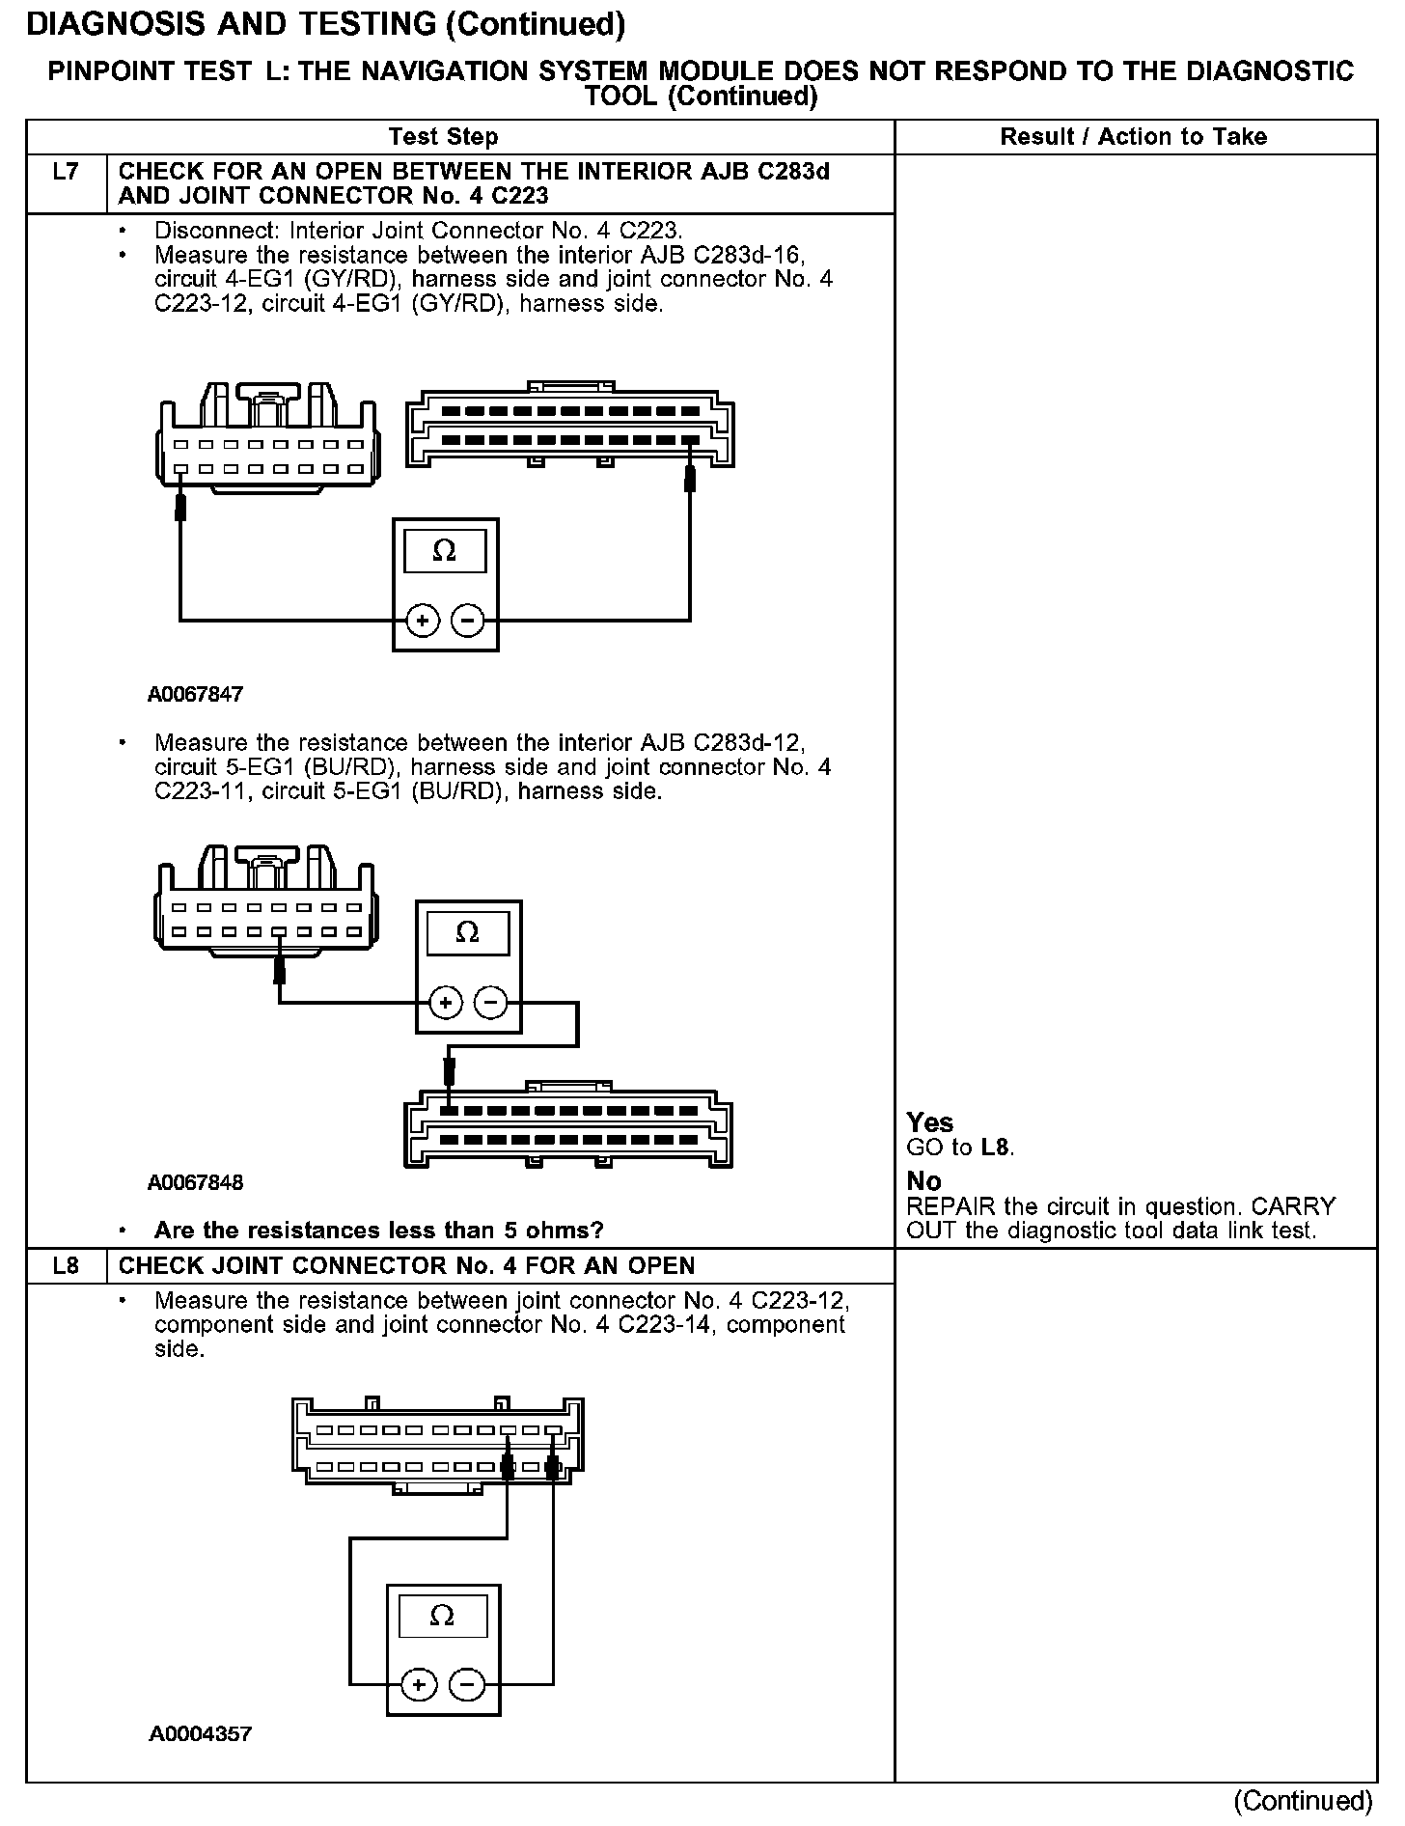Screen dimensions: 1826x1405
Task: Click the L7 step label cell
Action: click(66, 173)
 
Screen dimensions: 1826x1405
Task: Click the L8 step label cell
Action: click(66, 1265)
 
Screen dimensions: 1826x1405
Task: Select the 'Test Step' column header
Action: click(443, 137)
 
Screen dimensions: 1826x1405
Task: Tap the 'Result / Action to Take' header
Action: click(1133, 137)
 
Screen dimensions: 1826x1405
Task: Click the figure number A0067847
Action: click(195, 694)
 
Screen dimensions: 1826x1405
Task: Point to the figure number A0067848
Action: click(195, 1182)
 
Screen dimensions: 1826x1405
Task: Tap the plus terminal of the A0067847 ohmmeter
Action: click(422, 621)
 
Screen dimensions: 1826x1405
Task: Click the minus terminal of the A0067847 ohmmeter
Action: click(468, 621)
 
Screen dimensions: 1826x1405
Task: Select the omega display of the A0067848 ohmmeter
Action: click(467, 932)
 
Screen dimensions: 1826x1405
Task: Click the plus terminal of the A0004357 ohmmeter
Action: click(418, 1685)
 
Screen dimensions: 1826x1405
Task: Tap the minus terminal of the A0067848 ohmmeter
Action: click(491, 1004)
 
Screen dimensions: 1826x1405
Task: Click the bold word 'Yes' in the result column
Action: click(929, 1122)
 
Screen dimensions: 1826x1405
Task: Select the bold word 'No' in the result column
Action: click(923, 1181)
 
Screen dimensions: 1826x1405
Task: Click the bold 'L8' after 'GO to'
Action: click(996, 1148)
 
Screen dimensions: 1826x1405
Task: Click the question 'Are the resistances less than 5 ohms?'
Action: click(378, 1231)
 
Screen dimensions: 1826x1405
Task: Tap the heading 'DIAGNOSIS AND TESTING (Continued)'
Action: click(325, 25)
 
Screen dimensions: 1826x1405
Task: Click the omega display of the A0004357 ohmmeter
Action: click(442, 1616)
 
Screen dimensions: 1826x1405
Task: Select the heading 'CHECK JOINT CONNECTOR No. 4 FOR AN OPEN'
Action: click(406, 1265)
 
